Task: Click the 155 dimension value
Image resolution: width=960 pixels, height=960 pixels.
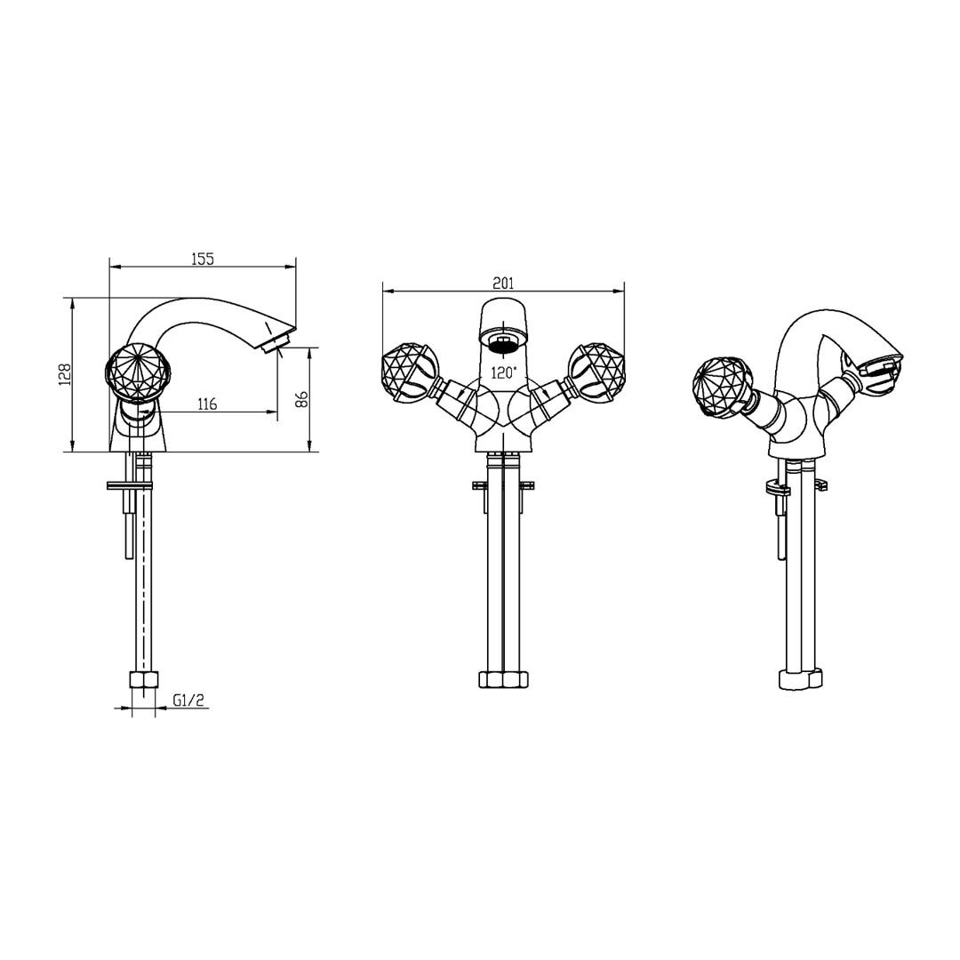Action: [203, 259]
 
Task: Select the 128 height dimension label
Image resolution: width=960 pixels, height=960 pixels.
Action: [66, 374]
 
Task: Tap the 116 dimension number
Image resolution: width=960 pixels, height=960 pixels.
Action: [207, 404]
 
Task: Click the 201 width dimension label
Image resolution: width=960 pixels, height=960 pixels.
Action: [503, 283]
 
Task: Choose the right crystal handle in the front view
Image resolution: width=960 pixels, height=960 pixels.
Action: [597, 372]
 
